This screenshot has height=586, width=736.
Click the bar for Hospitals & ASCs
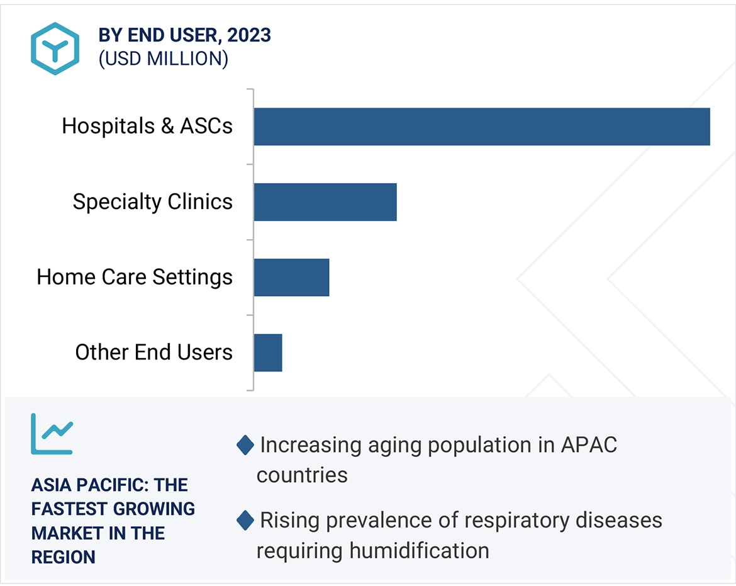tap(482, 127)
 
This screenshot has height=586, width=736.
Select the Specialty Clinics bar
tap(325, 202)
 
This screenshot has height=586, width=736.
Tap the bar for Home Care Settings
tap(291, 278)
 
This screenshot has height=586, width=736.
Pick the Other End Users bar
tap(268, 352)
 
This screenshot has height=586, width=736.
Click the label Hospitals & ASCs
tap(147, 127)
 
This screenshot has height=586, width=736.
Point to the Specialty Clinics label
tap(152, 202)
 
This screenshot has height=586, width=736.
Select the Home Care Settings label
tap(135, 278)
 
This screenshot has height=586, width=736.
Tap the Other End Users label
tap(153, 352)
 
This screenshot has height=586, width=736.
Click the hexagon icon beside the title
tap(55, 48)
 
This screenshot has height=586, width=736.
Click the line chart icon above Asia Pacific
tap(52, 434)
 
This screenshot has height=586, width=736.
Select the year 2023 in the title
tap(249, 35)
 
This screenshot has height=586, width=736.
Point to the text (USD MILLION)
tap(163, 59)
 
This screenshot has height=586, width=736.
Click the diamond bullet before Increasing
tap(245, 446)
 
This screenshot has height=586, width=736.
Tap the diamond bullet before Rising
tap(245, 521)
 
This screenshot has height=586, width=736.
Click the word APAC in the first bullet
tap(588, 445)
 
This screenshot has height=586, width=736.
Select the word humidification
tap(419, 551)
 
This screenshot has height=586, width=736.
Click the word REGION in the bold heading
tap(64, 557)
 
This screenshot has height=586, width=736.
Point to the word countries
tap(302, 475)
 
